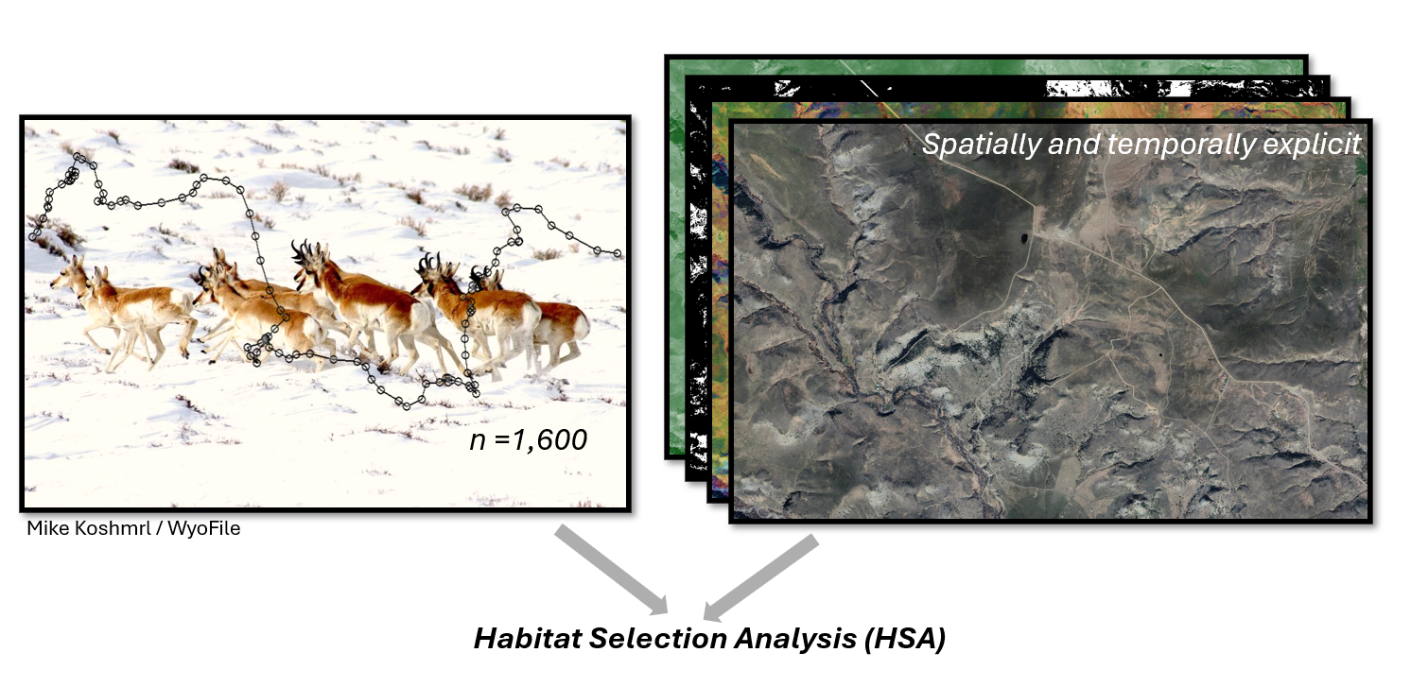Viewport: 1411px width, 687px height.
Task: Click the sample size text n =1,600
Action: [x=529, y=439]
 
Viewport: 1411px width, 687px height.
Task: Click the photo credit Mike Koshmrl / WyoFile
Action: [x=133, y=528]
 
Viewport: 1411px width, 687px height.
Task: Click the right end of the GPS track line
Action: [x=618, y=253]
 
